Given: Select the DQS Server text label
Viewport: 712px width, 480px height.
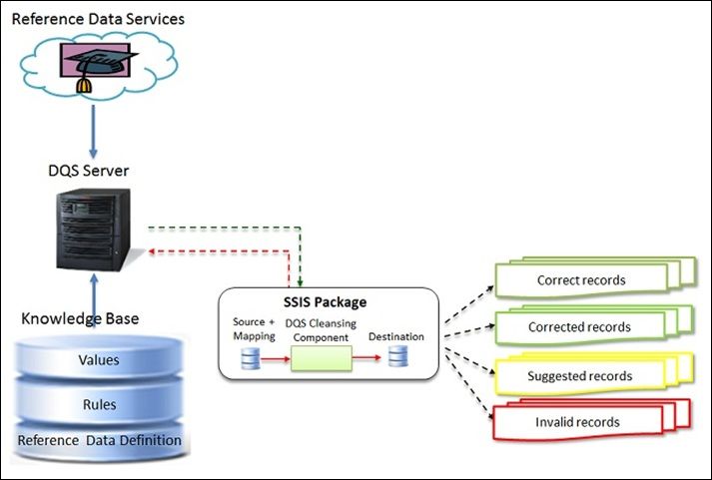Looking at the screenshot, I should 93,171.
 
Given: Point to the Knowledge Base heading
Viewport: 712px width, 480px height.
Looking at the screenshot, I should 80,318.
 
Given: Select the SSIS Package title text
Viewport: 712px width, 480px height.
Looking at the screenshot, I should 326,301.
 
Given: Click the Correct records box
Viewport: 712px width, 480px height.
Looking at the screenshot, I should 580,280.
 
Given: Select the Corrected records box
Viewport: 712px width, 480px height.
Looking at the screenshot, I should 580,327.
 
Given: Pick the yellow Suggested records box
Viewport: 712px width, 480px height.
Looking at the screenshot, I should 580,375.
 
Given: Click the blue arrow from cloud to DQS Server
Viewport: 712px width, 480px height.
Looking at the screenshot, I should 92,128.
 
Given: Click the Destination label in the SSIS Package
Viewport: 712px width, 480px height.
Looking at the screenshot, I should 396,336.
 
